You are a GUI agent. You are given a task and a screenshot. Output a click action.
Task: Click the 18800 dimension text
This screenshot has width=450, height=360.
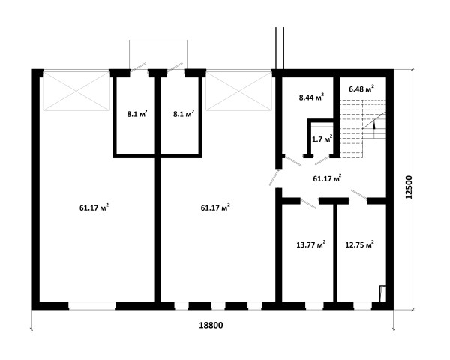click(x=211, y=325)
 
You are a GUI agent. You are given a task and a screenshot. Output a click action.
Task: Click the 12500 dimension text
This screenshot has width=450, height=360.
click(x=409, y=187)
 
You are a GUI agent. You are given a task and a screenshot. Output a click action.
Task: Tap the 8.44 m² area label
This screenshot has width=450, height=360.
click(x=312, y=97)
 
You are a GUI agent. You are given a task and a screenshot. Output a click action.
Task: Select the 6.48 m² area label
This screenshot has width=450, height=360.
click(x=361, y=88)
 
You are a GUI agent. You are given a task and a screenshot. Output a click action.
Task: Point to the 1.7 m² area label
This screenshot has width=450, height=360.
click(x=322, y=139)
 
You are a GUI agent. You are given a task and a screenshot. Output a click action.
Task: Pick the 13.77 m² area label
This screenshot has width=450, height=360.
click(x=310, y=244)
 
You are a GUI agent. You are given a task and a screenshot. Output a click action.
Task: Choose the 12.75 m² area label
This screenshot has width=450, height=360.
click(x=359, y=244)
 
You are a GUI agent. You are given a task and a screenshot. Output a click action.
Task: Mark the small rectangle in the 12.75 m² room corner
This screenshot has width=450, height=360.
click(x=382, y=293)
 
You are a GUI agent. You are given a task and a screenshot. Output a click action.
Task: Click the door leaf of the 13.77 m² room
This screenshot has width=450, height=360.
click(x=308, y=203)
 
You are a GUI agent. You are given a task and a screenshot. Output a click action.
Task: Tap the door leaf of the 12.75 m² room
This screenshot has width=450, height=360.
click(x=358, y=194)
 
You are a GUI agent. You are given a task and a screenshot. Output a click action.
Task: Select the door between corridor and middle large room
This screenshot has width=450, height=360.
click(x=274, y=178)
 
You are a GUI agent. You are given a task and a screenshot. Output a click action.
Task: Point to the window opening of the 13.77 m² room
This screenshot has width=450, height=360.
click(x=314, y=305)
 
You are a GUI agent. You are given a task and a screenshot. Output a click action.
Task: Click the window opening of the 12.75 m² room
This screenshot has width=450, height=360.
click(x=362, y=305)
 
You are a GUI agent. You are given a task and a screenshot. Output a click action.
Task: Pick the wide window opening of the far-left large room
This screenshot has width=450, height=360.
click(x=91, y=305)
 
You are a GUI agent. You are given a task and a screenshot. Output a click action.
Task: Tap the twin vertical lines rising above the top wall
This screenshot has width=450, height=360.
click(x=280, y=48)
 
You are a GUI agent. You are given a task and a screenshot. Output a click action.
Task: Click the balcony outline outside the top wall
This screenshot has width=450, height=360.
click(x=158, y=40)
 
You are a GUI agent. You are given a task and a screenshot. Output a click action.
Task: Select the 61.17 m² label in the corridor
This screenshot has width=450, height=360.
click(x=327, y=178)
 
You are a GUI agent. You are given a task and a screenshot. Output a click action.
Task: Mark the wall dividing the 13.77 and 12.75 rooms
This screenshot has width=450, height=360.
click(x=335, y=253)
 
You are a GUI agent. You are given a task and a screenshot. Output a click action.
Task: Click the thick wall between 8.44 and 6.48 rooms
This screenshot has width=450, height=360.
click(x=337, y=118)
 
